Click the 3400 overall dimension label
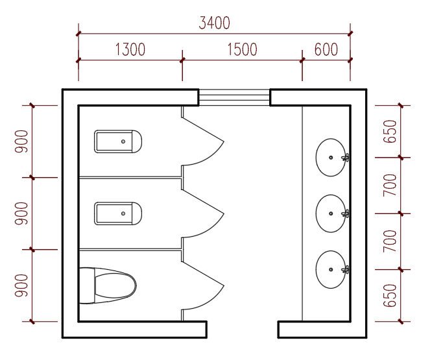coord(214,23)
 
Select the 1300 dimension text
coord(130,49)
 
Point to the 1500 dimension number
coord(242,49)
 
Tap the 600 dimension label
coord(326,49)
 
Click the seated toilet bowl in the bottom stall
coord(108,285)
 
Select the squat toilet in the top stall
coord(118,141)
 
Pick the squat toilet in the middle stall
coord(118,213)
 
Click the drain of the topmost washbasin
coord(331,158)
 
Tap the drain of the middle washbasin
coord(331,213)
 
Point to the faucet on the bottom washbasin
coord(345,269)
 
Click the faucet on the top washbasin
coord(345,158)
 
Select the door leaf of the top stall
coord(203,130)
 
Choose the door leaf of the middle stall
coord(203,202)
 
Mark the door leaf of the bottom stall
coord(203,274)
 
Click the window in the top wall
coord(234,97)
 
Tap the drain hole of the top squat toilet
coord(123,141)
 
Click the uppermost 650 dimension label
coord(390,132)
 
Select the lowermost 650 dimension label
coord(390,296)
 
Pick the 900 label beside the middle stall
coord(21,213)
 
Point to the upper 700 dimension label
coord(390,185)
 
